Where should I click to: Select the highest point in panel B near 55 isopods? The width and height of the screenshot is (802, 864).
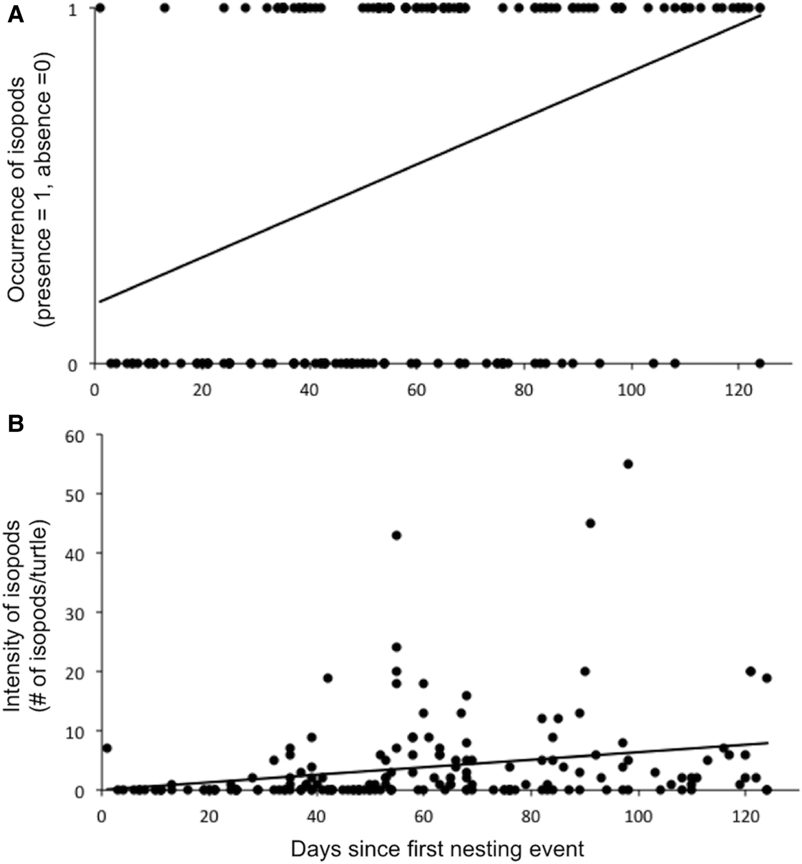pos(628,464)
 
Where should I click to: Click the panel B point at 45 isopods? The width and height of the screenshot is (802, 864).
pos(591,523)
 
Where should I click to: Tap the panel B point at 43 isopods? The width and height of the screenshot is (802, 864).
pos(396,535)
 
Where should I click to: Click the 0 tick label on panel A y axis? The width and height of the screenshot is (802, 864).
pos(73,365)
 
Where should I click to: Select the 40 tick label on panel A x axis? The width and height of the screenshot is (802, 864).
pos(309,390)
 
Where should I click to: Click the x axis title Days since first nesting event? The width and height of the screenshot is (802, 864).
pos(438,849)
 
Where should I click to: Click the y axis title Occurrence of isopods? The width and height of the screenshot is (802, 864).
pos(17,189)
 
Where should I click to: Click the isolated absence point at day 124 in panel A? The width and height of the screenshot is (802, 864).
pos(760,363)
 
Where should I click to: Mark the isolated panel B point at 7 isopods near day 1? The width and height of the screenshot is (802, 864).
pos(107,748)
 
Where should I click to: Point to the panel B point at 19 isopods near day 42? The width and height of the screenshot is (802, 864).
pos(328,678)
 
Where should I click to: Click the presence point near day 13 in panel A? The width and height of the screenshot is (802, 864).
pos(165,8)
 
